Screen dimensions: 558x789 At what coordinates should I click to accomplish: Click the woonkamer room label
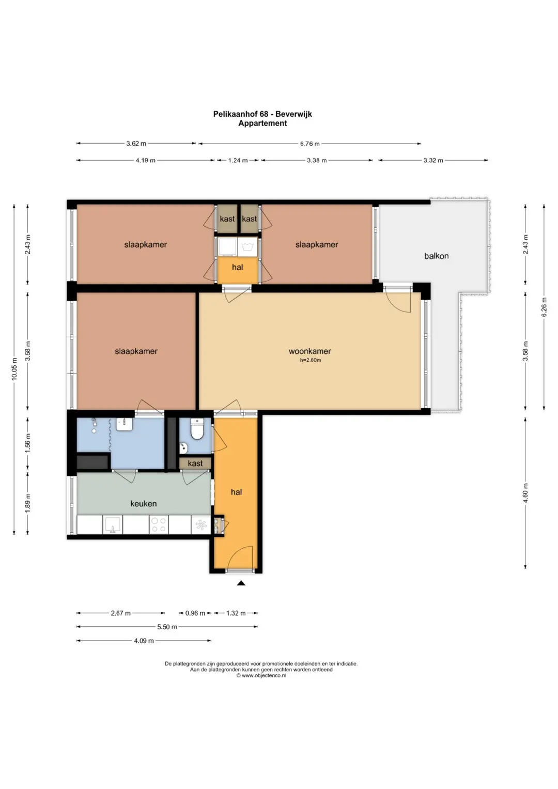[x=309, y=351]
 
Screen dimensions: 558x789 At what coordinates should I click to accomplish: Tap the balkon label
[x=436, y=256]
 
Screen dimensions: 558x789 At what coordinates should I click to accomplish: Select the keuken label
[x=144, y=504]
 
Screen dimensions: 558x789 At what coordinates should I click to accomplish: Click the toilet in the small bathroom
[x=197, y=429]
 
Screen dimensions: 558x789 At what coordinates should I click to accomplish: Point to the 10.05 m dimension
[x=14, y=369]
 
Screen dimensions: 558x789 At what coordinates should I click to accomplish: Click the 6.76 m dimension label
[x=309, y=144]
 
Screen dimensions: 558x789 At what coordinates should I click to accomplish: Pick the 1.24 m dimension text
[x=238, y=160]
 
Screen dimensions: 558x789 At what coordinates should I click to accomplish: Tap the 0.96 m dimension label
[x=195, y=613]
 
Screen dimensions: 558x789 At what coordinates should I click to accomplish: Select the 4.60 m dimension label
[x=525, y=493]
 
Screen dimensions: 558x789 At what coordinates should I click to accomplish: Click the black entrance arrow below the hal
[x=241, y=583]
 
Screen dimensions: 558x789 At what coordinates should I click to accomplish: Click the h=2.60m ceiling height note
[x=311, y=360]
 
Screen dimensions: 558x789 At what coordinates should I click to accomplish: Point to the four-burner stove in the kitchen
[x=159, y=524]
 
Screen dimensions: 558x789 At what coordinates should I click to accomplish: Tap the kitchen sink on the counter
[x=113, y=524]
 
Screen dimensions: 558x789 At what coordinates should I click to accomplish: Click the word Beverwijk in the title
[x=293, y=114]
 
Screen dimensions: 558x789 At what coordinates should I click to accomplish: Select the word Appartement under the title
[x=262, y=123]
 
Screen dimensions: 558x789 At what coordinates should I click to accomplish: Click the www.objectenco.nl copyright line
[x=261, y=675]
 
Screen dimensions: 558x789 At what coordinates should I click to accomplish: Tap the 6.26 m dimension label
[x=544, y=307]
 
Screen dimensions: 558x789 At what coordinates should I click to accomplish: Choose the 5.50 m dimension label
[x=167, y=627]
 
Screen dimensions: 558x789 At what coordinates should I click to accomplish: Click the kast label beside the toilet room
[x=195, y=463]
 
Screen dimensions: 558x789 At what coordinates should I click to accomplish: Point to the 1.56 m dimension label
[x=28, y=443]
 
